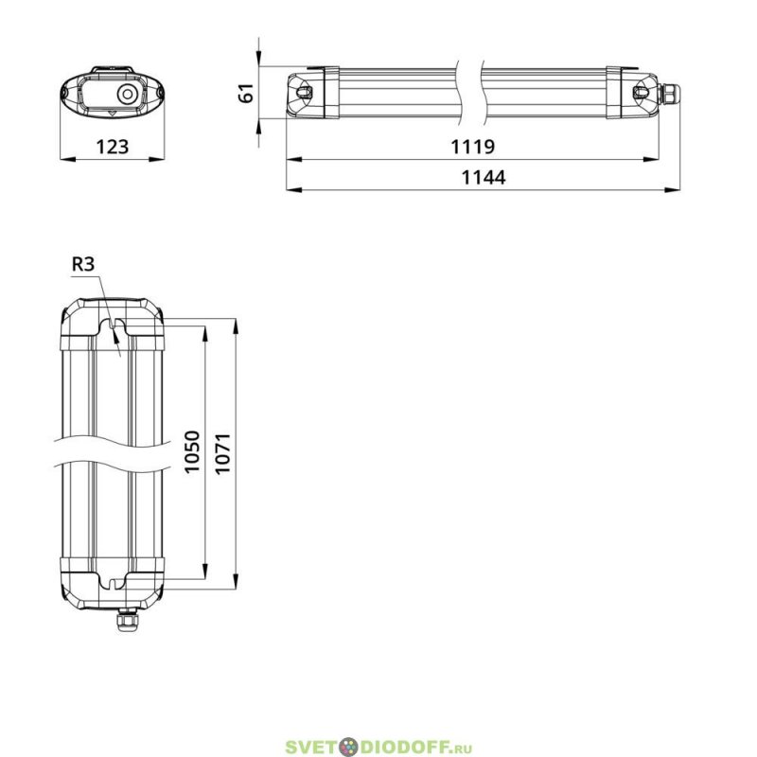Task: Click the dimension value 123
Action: [113, 147]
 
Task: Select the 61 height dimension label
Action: [246, 93]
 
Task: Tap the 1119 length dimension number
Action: [472, 147]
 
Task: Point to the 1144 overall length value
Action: [484, 177]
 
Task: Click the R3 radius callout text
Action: [83, 264]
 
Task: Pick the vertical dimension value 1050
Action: [192, 452]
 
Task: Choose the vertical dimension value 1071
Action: [222, 454]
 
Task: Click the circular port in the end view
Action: [127, 94]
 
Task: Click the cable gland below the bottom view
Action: [126, 620]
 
